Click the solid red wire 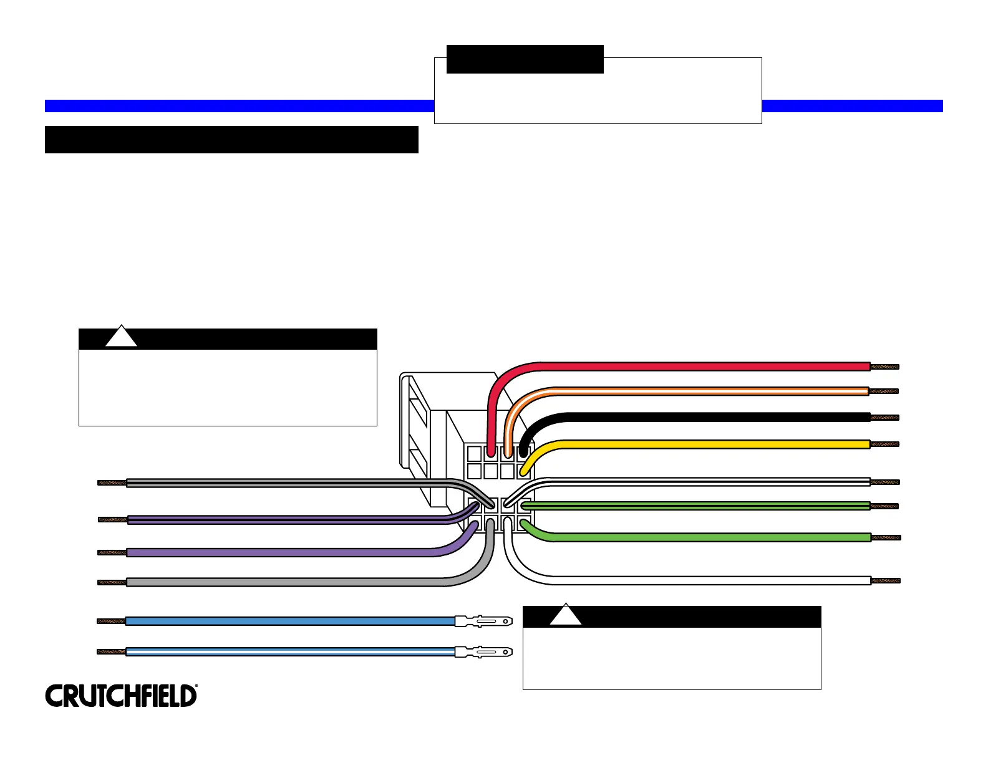pos(686,367)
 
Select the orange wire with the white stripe pos(686,391)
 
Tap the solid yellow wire pos(686,444)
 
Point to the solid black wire pos(686,417)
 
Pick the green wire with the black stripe pos(686,506)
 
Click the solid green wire pos(686,537)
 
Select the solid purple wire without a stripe pos(281,552)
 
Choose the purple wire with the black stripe pos(281,519)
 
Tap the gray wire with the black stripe pos(281,482)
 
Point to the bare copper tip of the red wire pos(884,367)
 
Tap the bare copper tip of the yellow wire pos(884,444)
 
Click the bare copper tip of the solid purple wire pos(112,552)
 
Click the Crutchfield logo pos(121,696)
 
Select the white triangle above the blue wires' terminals pos(566,616)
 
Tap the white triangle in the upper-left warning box pos(121,337)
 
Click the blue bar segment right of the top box pos(852,106)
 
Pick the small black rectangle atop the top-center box pos(525,59)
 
